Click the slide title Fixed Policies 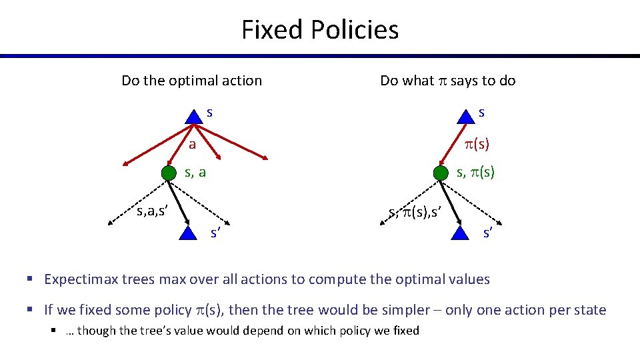[319, 30]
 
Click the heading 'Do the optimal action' [191, 81]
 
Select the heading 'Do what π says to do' [447, 81]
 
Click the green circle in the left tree [169, 173]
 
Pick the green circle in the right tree [441, 173]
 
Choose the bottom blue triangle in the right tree [460, 232]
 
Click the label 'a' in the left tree [191, 144]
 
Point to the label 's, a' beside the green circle [195, 173]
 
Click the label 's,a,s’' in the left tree [151, 212]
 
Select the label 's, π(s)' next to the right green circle [475, 173]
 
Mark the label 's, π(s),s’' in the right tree [415, 213]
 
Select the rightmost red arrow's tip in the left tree [267, 158]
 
